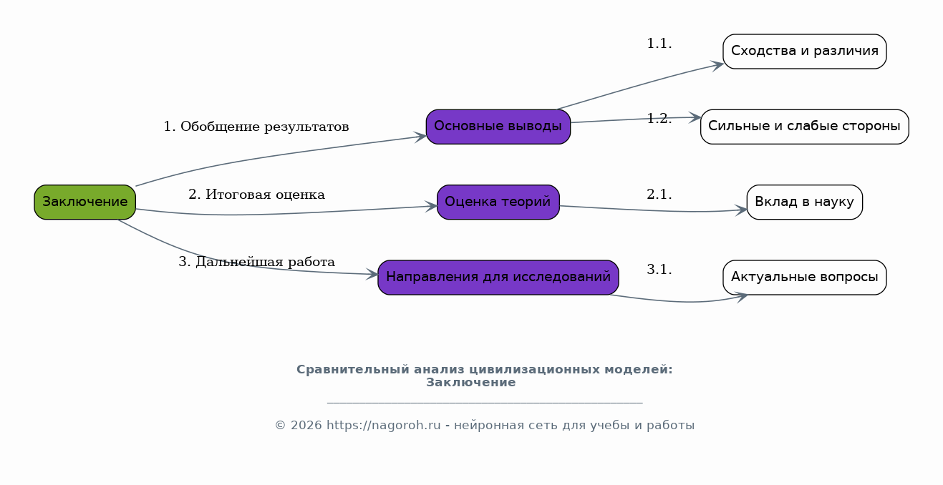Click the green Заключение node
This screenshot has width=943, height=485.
click(84, 202)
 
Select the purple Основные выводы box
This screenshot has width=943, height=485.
click(498, 127)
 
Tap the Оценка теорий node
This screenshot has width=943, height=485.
click(498, 202)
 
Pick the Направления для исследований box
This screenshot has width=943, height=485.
click(498, 278)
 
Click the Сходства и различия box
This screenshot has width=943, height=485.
click(805, 52)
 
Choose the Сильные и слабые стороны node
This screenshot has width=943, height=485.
click(805, 127)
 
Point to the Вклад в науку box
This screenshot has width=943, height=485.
click(805, 202)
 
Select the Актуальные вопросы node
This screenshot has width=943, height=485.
click(805, 278)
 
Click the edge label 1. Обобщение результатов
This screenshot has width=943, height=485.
click(256, 127)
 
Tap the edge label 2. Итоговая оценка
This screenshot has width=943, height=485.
click(256, 195)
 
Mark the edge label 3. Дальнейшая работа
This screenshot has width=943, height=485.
click(256, 262)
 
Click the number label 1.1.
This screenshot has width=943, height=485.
click(659, 44)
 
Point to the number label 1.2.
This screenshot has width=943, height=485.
click(659, 119)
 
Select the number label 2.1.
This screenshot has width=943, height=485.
click(659, 195)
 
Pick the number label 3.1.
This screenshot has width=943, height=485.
click(659, 269)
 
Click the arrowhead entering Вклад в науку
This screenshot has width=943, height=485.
click(741, 210)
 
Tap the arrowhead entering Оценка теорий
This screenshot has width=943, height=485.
click(431, 206)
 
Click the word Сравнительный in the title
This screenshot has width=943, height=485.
click(353, 370)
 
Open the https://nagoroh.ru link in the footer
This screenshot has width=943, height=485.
click(384, 425)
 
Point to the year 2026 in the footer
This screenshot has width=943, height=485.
click(304, 425)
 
